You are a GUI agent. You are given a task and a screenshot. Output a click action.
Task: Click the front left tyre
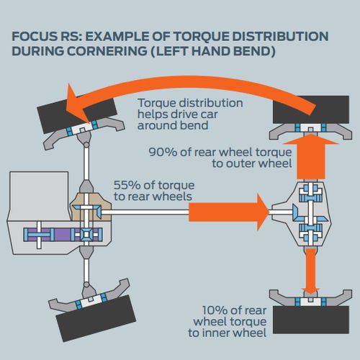(96, 318)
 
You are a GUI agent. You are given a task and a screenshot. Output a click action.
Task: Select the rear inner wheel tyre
(311, 320)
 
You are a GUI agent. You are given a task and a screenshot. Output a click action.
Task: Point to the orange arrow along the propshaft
(229, 212)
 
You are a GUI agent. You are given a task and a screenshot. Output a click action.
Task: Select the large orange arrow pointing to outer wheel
(310, 156)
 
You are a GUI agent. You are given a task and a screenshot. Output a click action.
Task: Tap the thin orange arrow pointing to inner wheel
(311, 271)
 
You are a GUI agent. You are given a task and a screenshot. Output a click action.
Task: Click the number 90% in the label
(163, 152)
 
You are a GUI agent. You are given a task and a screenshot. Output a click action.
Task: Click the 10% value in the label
(215, 310)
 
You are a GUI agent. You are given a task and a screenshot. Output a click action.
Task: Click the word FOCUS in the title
(33, 36)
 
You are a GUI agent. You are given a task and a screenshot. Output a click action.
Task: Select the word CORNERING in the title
(107, 51)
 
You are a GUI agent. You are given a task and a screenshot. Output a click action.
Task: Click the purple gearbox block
(63, 235)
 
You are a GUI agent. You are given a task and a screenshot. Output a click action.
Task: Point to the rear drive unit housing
(302, 214)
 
